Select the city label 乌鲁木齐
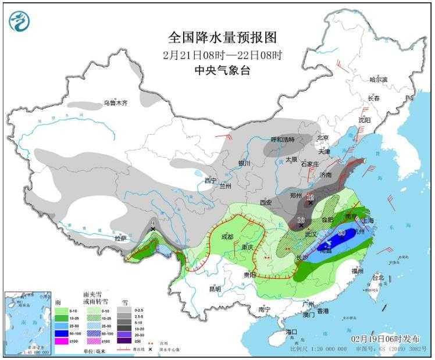point(115,103)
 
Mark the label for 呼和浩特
point(283,140)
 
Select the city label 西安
point(266,202)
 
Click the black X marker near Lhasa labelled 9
point(153,229)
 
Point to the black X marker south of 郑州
point(311,203)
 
